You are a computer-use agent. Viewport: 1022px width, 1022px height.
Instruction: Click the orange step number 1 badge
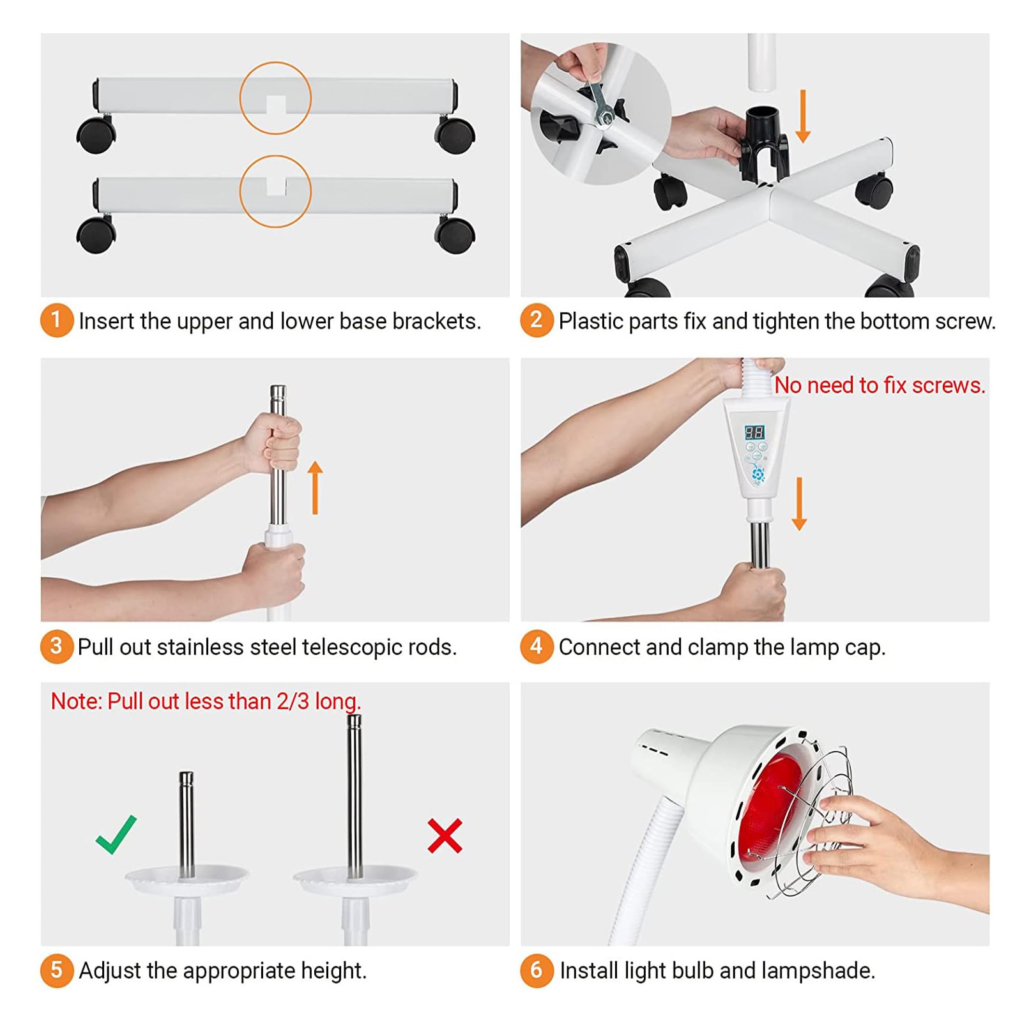[56, 320]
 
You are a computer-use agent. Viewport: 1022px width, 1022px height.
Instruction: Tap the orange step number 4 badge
[536, 646]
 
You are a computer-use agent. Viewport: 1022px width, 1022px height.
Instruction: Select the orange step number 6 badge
[536, 970]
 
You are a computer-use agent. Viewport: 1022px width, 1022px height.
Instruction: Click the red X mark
[445, 836]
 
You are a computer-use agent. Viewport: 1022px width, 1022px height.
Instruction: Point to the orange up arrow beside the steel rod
[315, 488]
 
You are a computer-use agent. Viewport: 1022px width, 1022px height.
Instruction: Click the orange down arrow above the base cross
[803, 116]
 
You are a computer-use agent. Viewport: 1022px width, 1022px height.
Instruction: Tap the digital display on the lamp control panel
[754, 432]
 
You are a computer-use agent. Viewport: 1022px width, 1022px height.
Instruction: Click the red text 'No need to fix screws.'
[880, 385]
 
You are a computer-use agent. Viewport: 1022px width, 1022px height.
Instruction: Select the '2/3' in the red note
[293, 701]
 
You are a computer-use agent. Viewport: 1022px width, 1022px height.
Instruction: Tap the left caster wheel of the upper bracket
[96, 133]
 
